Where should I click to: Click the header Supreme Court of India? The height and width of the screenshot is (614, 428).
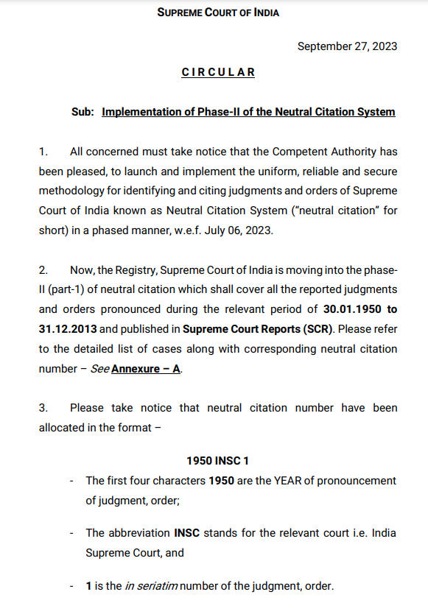coord(218,13)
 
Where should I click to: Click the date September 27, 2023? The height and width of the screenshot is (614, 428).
coord(347,46)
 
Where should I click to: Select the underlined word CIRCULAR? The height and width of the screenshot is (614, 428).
coord(218,72)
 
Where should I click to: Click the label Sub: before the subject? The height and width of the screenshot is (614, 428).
coord(83,112)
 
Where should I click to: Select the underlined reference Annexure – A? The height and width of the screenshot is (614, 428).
coord(146,367)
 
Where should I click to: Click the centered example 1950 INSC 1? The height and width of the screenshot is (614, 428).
coord(217,461)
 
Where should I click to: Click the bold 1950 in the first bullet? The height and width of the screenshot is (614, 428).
coord(222,480)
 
